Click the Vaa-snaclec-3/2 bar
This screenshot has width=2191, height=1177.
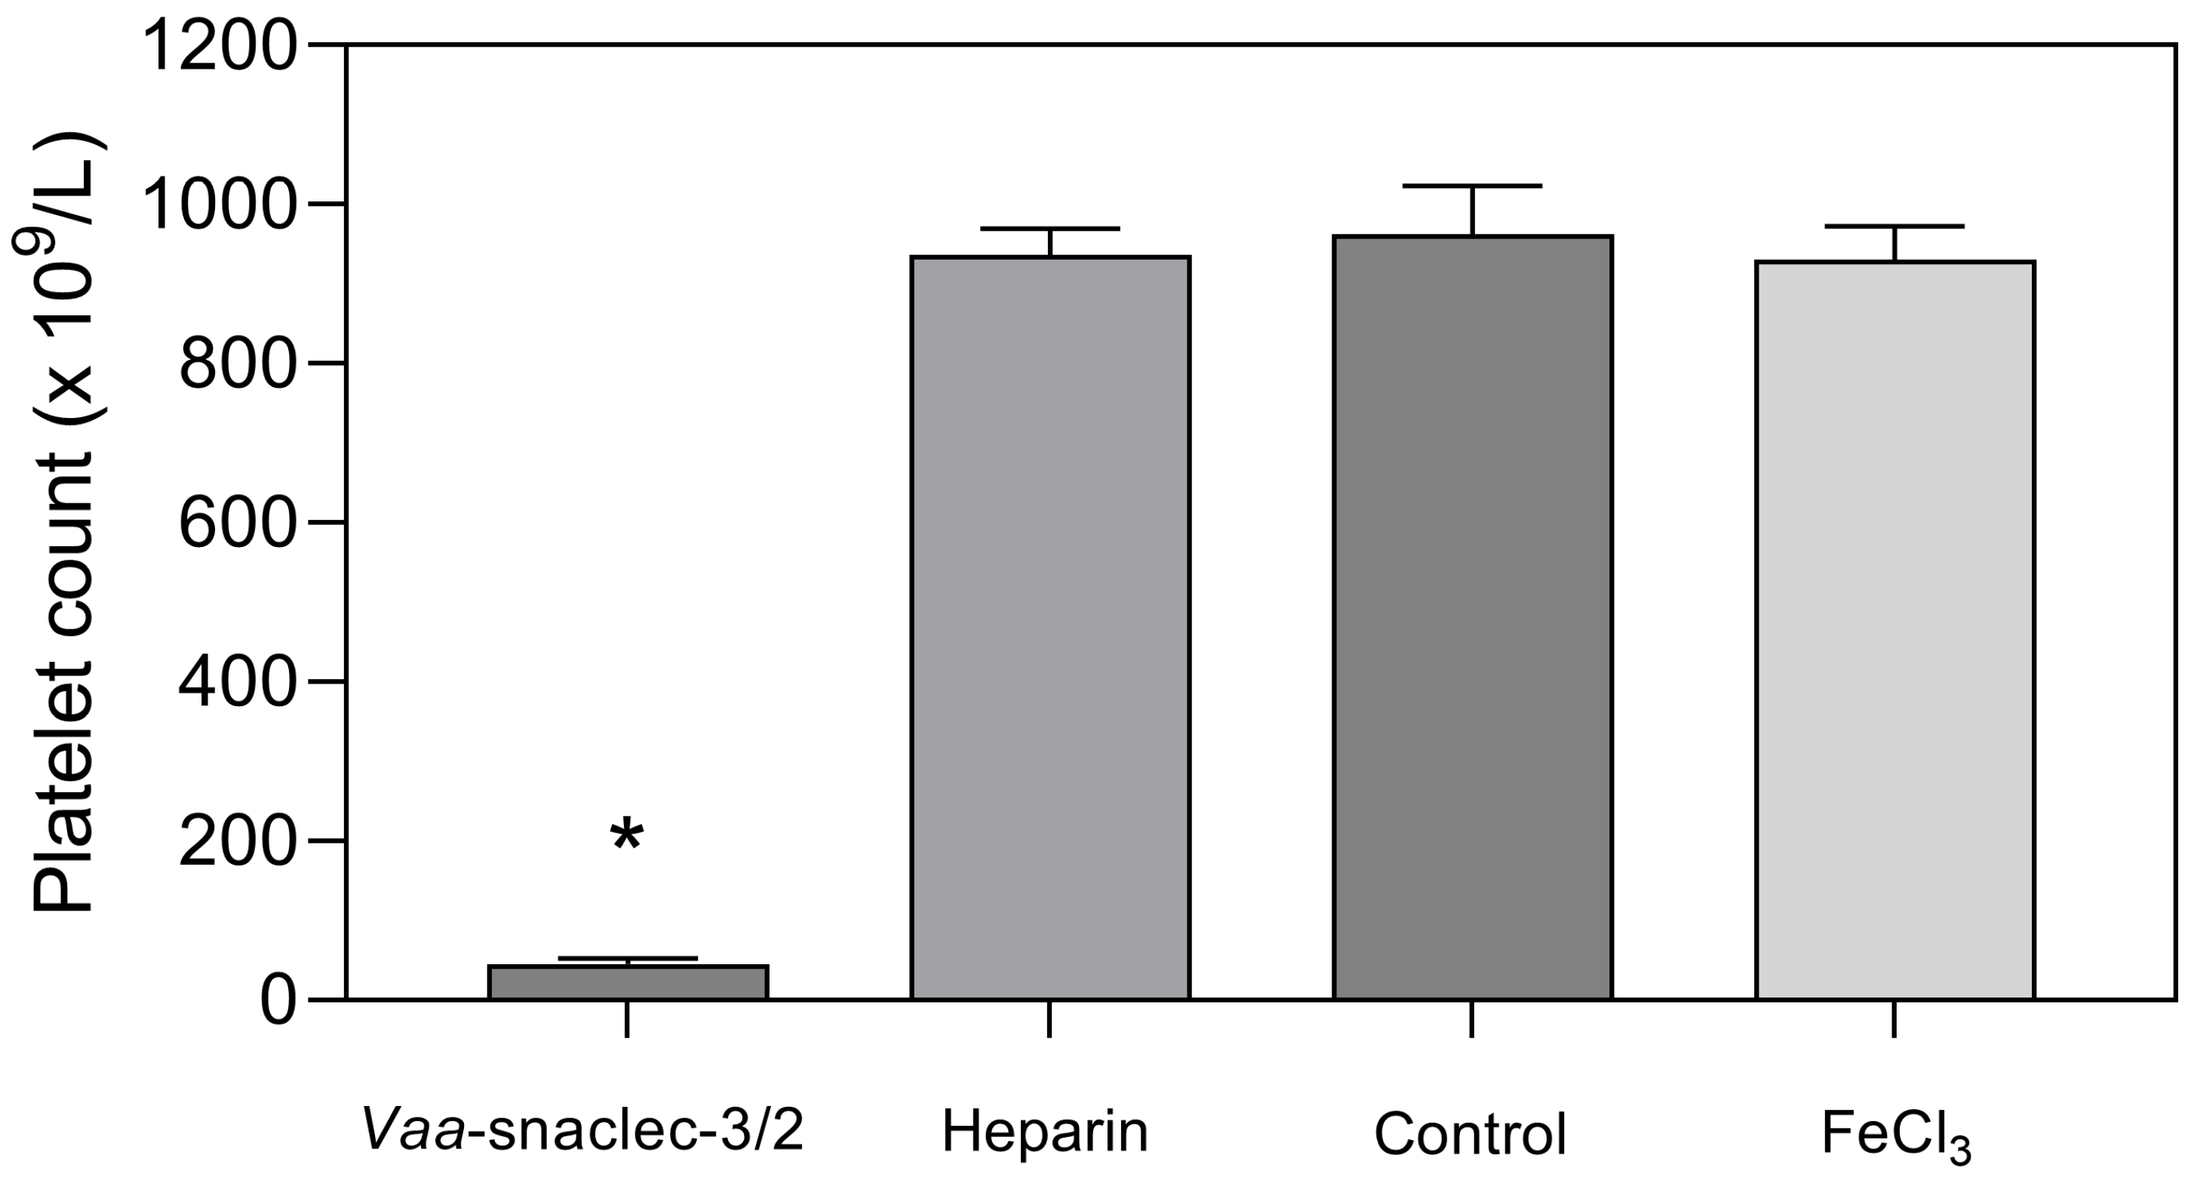click(628, 982)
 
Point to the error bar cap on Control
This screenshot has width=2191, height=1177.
click(1472, 186)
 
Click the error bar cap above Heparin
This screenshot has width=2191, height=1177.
click(1049, 229)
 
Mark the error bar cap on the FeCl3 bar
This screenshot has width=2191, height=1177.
click(1895, 226)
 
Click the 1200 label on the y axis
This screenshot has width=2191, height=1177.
click(220, 47)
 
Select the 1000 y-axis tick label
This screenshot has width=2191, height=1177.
click(220, 206)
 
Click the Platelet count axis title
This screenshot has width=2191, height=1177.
click(61, 522)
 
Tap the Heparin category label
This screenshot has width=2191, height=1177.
click(1044, 1132)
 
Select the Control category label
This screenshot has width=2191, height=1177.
click(1470, 1134)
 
